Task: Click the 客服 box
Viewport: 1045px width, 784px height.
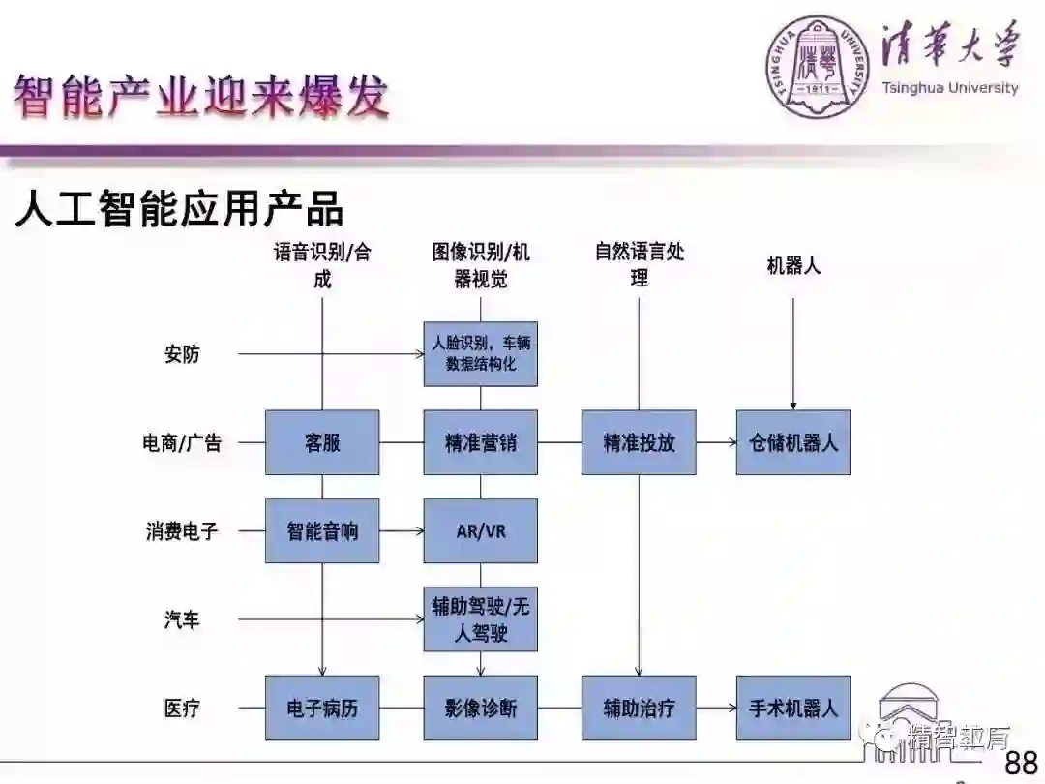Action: (322, 442)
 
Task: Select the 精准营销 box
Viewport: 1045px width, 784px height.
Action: (480, 442)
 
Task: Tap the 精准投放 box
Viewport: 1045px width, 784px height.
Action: (639, 442)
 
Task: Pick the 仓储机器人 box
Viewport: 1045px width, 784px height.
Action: (793, 442)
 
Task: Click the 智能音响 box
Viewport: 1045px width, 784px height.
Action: (322, 530)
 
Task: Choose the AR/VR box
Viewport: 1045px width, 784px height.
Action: (480, 530)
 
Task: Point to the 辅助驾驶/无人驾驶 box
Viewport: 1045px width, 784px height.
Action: (480, 619)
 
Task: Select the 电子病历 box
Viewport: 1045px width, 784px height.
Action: (322, 708)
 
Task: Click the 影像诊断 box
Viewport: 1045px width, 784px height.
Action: (480, 708)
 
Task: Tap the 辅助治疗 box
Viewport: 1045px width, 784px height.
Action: (639, 708)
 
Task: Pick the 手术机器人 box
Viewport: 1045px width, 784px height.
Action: (793, 708)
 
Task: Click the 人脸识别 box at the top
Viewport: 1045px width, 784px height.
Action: (480, 353)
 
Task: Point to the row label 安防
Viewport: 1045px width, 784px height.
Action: (182, 354)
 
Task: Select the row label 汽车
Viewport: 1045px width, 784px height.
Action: (182, 619)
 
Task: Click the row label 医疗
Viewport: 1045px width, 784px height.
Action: (182, 709)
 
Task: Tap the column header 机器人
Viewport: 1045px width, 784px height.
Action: (793, 265)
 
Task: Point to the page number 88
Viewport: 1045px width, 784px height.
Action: (1021, 762)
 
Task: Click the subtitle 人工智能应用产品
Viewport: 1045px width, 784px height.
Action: (180, 209)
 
